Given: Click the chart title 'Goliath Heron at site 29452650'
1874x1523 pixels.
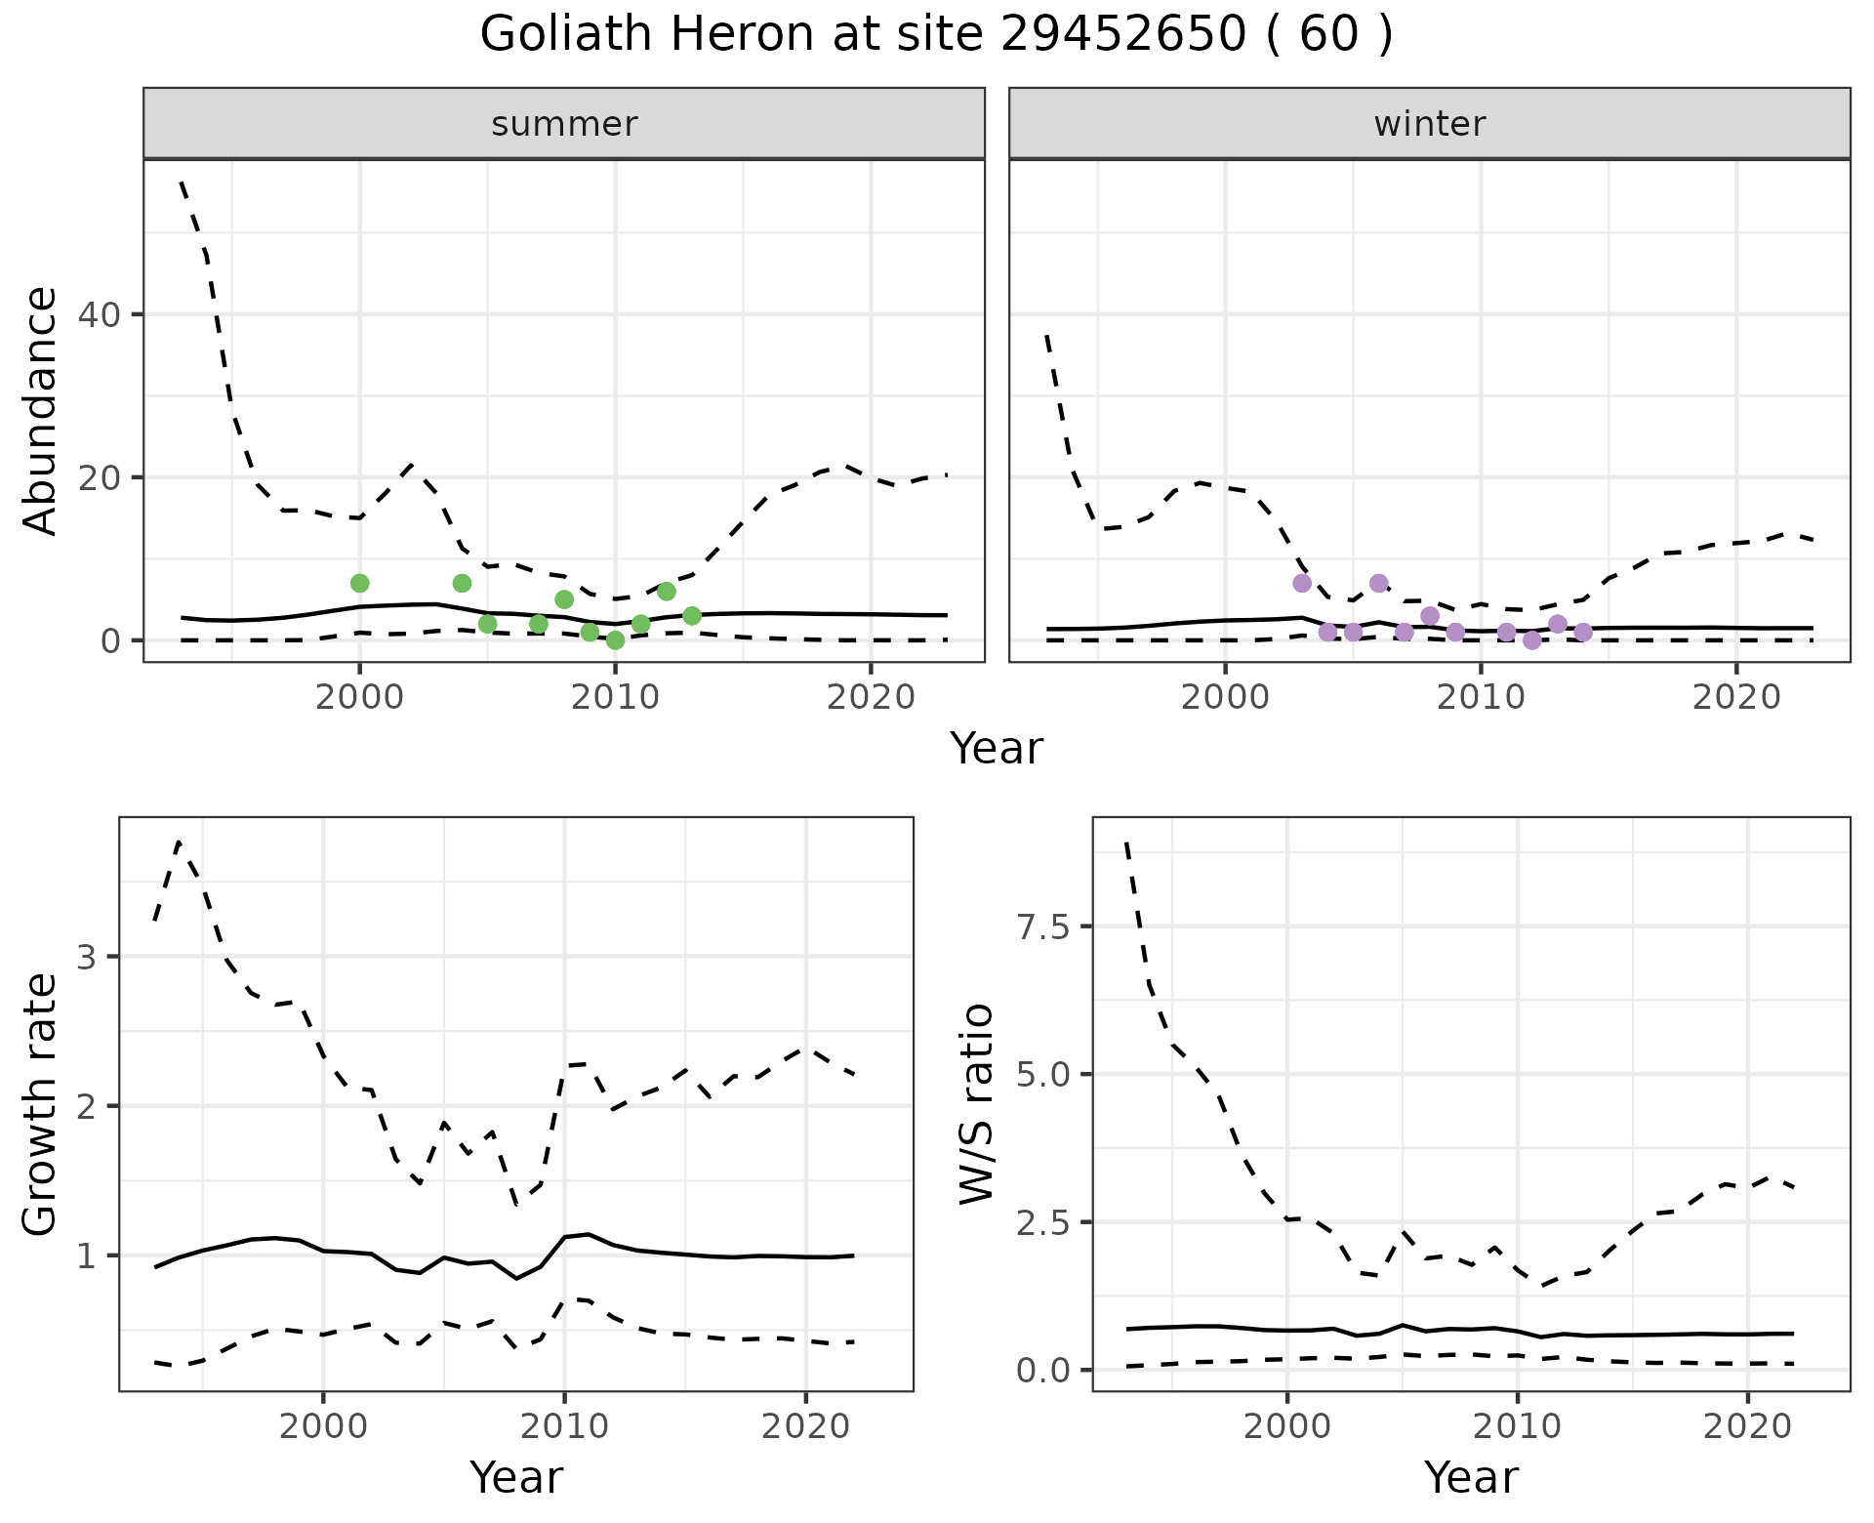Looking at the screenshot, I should point(935,35).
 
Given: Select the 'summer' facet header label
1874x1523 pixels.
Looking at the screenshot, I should point(564,124).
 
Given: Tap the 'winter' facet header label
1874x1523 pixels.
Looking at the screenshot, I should point(1429,124).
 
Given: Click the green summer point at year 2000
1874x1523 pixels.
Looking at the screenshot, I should point(359,583).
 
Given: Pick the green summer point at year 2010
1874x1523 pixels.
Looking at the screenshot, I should point(615,640).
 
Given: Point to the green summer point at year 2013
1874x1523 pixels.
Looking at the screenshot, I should point(692,616).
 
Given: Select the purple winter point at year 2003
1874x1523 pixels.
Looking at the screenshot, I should point(1302,583).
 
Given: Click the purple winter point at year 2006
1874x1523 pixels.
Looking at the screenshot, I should point(1378,583).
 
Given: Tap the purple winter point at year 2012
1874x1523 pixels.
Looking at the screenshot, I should point(1531,640).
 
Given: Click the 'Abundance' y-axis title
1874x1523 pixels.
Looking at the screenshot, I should point(41,410).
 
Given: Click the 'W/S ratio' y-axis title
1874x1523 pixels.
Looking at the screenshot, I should point(976,1103).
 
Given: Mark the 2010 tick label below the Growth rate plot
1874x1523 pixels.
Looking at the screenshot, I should point(564,1425).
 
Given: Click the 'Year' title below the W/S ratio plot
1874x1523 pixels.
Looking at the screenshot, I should point(1471,1477).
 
